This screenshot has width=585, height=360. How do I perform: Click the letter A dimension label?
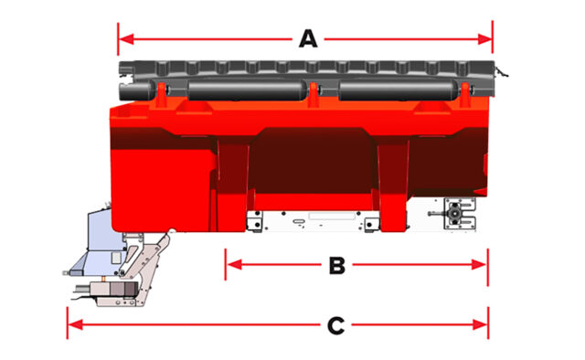tap(308, 38)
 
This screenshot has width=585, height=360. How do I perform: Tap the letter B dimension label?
tap(335, 265)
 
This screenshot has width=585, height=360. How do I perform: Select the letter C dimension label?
tap(335, 323)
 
